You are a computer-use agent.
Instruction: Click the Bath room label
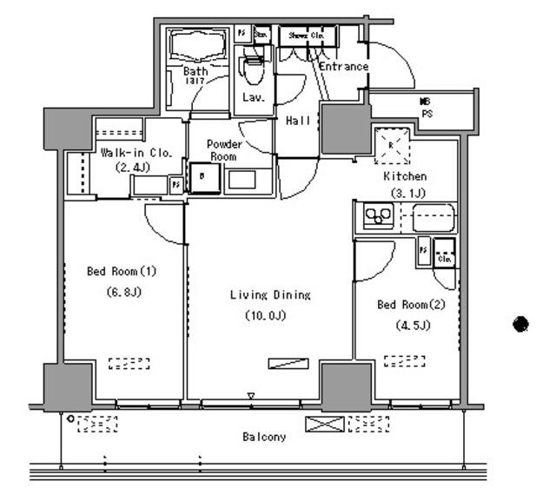click(194, 71)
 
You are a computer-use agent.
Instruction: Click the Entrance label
click(343, 67)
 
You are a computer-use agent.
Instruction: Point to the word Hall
click(298, 121)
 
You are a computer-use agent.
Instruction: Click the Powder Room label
click(224, 149)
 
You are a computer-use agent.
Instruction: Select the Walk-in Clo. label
click(136, 152)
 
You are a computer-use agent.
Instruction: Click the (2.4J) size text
click(136, 167)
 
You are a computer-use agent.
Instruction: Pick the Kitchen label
click(406, 176)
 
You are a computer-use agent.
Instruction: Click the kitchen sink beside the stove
click(434, 216)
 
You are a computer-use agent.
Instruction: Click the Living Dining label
click(269, 295)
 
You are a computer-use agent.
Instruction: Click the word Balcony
click(264, 437)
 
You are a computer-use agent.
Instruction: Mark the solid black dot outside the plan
click(520, 324)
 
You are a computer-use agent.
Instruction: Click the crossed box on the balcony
click(323, 425)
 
